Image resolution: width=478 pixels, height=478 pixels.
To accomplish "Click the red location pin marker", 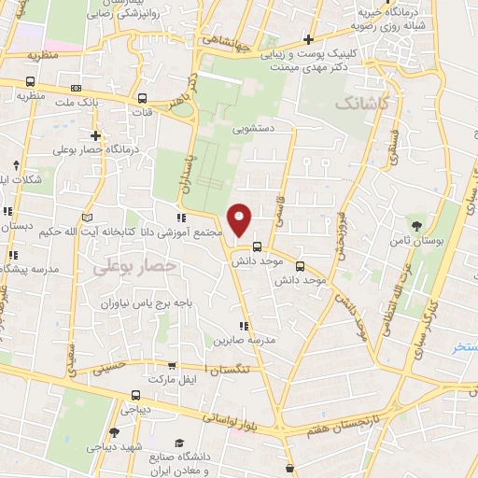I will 240,219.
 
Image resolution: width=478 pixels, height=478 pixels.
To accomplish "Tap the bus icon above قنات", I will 142,98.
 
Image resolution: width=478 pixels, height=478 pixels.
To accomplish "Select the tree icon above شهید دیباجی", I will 114,431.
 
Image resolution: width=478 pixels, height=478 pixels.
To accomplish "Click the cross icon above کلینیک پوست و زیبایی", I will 308,39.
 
